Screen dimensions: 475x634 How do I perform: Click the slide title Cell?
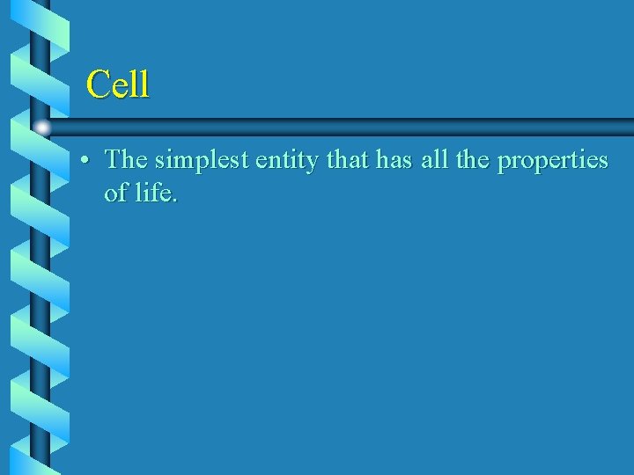coord(118,84)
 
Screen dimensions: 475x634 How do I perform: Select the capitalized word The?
coord(126,160)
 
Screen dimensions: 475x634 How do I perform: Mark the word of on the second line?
coord(115,193)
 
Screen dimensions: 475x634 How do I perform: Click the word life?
coord(155,193)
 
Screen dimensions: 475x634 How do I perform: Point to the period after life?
coord(175,201)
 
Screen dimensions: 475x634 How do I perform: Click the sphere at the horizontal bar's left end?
coord(41,128)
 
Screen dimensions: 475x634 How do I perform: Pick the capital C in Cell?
coord(98,84)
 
